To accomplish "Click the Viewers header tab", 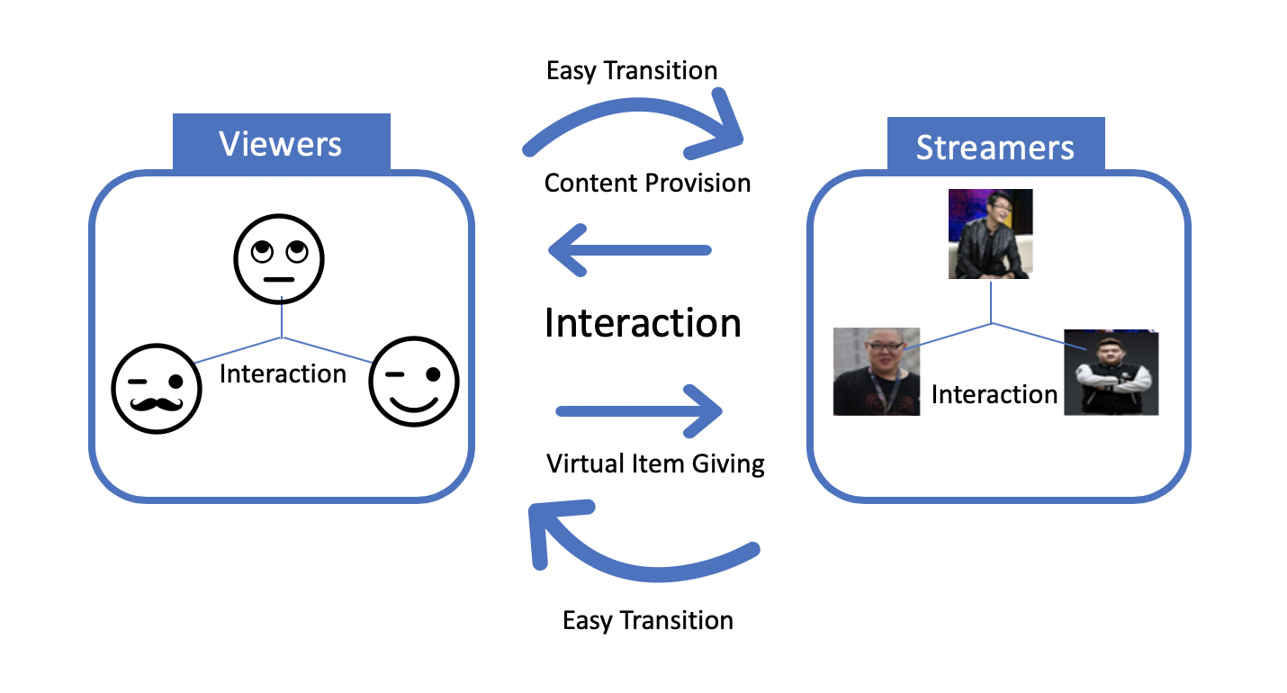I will (281, 143).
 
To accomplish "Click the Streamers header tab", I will (994, 147).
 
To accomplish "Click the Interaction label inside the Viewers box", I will (283, 373).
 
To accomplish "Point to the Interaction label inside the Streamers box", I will (994, 394).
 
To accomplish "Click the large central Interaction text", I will (643, 322).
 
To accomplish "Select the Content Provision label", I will (647, 183).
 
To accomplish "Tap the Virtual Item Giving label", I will (655, 463).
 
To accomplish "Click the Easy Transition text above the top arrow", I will (632, 70).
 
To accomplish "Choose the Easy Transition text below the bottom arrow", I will (648, 620).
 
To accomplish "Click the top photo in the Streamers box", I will (991, 233).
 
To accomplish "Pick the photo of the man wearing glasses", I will (877, 371).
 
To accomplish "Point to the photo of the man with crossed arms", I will (1111, 373).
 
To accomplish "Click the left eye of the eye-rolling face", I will (262, 250).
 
